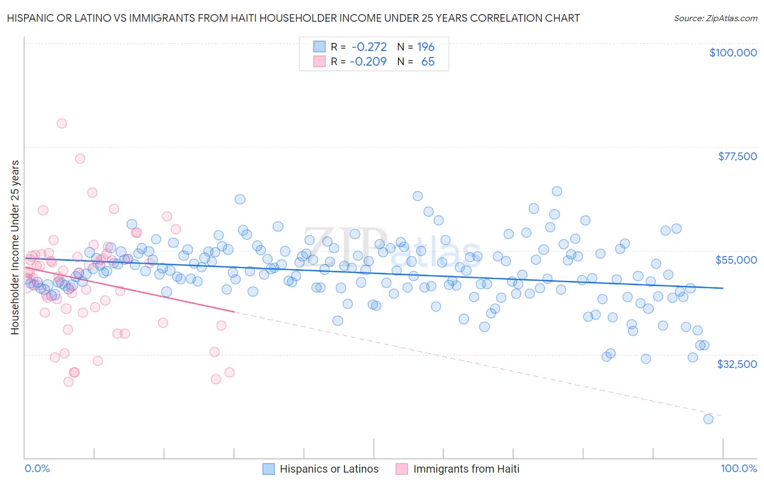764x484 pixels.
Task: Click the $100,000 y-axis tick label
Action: coord(732,53)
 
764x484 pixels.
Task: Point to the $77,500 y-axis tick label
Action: coord(737,156)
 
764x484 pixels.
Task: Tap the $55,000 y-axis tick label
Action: coord(736,260)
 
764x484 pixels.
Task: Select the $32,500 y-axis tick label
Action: coord(736,364)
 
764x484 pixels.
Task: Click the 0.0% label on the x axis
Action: coord(37,469)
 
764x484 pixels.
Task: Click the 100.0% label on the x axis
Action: coord(738,469)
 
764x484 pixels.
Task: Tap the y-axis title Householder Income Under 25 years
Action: coord(15,247)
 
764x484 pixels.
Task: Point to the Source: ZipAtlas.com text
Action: coord(715,18)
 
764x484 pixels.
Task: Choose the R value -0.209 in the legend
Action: coord(368,61)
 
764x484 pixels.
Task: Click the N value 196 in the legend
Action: coord(425,47)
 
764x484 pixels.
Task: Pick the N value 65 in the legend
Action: coord(428,61)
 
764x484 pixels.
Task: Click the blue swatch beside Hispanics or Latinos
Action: coord(268,469)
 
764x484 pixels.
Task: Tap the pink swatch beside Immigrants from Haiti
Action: coord(402,469)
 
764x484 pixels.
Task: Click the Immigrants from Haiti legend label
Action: coord(466,469)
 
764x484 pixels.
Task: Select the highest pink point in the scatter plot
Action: coord(61,123)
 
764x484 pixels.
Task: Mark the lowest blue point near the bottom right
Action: coord(708,419)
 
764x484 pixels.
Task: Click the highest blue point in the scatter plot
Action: coord(556,191)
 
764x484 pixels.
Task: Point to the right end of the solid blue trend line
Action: coord(723,288)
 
